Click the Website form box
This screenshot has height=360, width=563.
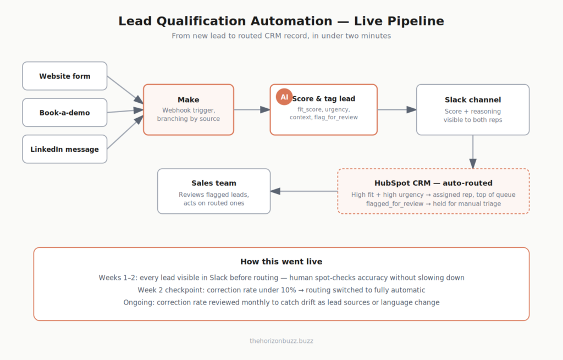click(x=65, y=76)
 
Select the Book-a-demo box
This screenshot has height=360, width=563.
click(x=65, y=112)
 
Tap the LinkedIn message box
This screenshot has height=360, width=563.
click(x=65, y=149)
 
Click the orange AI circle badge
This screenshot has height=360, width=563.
click(x=284, y=97)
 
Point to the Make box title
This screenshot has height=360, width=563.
click(x=189, y=100)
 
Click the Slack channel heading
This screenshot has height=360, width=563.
click(x=473, y=100)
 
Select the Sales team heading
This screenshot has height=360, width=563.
click(x=214, y=183)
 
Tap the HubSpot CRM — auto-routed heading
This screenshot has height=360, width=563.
click(x=433, y=183)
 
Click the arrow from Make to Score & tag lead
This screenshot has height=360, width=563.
click(x=252, y=109)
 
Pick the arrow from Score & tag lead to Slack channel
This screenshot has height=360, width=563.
click(x=397, y=109)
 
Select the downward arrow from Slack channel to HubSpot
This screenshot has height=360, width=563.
click(x=473, y=152)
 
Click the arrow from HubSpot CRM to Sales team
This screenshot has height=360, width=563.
click(x=304, y=191)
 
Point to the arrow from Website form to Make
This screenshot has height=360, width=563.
click(x=125, y=90)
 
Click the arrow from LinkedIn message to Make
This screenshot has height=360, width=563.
click(x=125, y=132)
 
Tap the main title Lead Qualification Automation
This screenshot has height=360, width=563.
click(x=281, y=21)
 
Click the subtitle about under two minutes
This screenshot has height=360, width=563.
click(x=281, y=36)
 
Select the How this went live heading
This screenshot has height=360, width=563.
click(x=281, y=262)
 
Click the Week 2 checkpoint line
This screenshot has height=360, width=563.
click(x=281, y=290)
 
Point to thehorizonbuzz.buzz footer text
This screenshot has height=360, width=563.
click(x=281, y=341)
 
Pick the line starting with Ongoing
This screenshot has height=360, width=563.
click(x=281, y=302)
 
